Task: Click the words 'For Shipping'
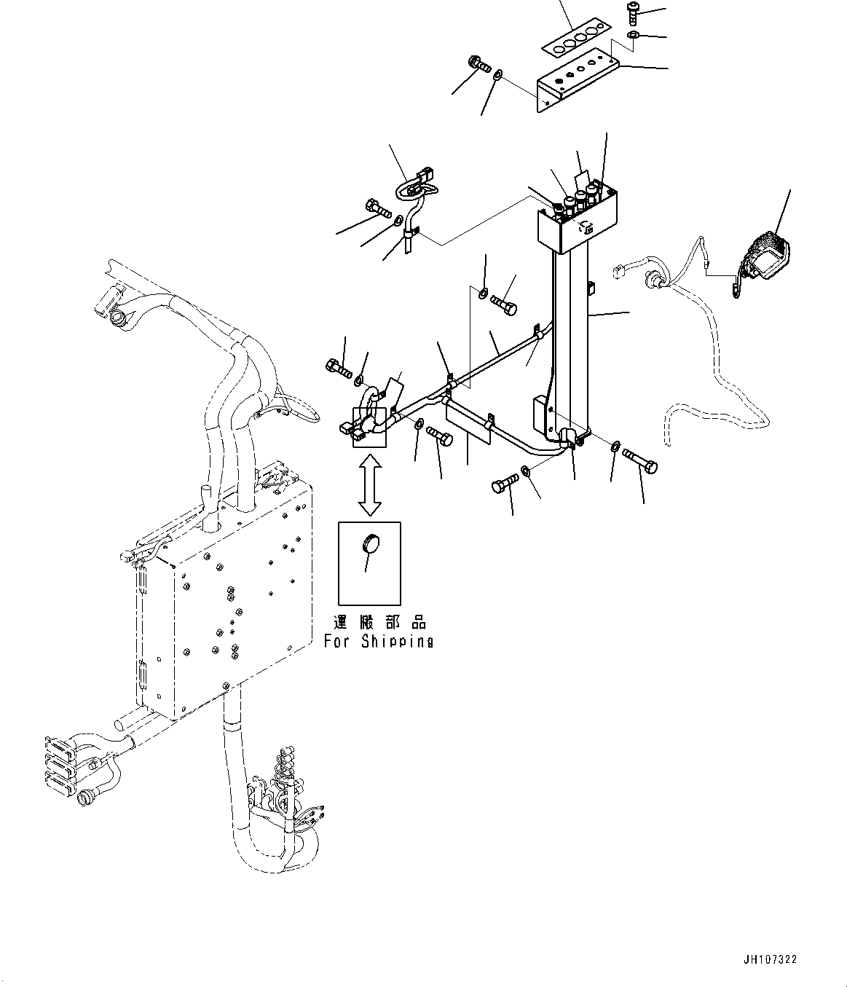pyautogui.click(x=379, y=642)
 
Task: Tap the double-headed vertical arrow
pyautogui.click(x=370, y=484)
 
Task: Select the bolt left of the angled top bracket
pyautogui.click(x=477, y=65)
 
